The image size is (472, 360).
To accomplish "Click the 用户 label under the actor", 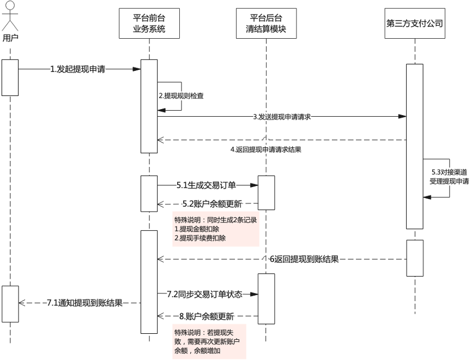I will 10,38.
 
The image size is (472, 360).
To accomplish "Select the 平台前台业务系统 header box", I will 149,23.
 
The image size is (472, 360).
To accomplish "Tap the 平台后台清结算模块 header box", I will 267,23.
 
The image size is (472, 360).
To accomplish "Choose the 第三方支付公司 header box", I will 413,23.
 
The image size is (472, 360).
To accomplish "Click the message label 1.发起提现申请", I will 78,69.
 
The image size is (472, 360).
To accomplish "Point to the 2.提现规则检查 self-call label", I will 181,95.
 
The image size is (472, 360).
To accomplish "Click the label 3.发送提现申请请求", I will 282,116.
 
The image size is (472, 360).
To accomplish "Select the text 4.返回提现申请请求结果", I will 265,149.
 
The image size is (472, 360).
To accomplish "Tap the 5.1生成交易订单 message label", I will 206,185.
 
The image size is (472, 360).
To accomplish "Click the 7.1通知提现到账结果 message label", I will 84,302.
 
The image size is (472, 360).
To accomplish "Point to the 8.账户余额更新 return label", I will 206,316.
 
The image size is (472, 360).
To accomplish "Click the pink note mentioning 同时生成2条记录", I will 215,229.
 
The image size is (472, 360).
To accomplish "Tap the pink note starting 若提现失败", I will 209,341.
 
